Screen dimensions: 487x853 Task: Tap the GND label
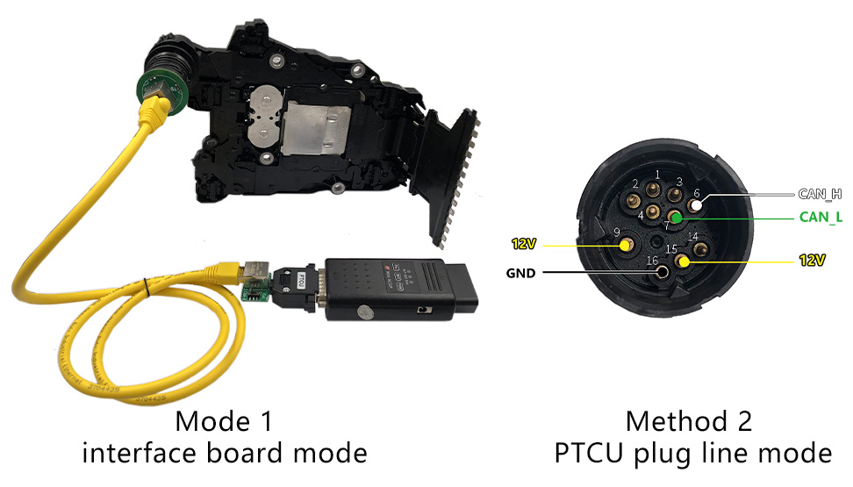pos(521,273)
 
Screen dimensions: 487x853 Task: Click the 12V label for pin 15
pos(813,261)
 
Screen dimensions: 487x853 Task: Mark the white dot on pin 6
pos(696,205)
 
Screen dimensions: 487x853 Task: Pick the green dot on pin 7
pos(677,216)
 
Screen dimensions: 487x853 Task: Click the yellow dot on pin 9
pos(625,247)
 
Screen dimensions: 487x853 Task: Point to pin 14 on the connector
pos(700,249)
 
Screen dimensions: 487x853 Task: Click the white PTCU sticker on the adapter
pos(301,281)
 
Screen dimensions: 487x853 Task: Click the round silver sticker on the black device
pos(361,310)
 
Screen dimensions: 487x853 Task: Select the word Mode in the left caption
pos(208,422)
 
